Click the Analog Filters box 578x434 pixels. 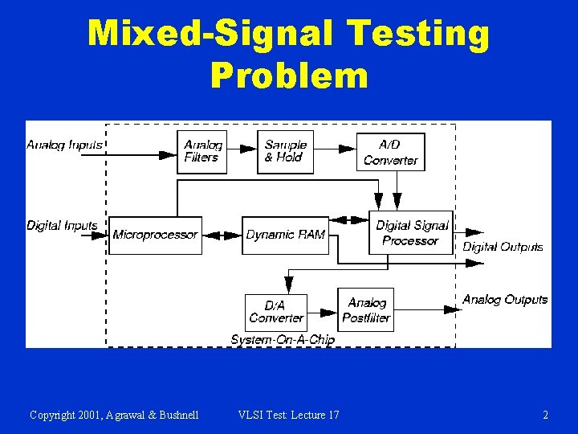(201, 152)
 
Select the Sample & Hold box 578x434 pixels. (286, 152)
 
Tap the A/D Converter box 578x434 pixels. (391, 152)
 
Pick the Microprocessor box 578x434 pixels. (155, 235)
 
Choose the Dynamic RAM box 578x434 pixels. (286, 235)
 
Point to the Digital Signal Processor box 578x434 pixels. (411, 233)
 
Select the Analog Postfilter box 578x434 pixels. (366, 309)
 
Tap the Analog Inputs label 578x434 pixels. (64, 145)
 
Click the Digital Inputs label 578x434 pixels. (62, 226)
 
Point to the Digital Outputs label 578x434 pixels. (503, 247)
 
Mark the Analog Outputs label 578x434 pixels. (505, 300)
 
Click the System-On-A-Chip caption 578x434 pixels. (283, 340)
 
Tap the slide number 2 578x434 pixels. (546, 415)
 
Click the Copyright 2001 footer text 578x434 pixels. (114, 415)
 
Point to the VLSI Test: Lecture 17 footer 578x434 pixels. (289, 415)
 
